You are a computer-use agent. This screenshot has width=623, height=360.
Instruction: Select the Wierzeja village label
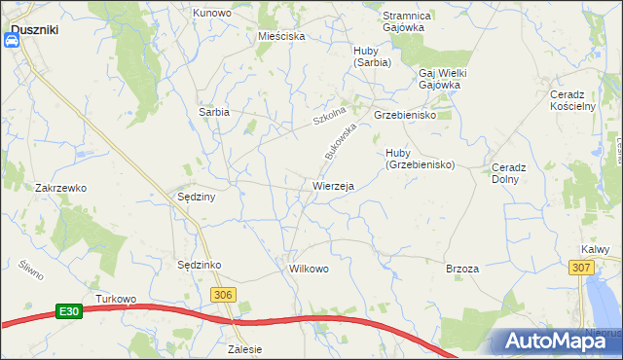click(x=333, y=185)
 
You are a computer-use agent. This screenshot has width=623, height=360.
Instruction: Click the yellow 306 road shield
click(x=224, y=295)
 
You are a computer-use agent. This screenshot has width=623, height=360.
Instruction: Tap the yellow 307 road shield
click(x=581, y=268)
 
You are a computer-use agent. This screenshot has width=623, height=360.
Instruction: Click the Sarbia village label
click(x=214, y=112)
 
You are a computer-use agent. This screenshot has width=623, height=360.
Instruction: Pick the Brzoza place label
click(x=461, y=268)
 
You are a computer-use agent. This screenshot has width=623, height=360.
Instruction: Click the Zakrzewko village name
click(x=61, y=187)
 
